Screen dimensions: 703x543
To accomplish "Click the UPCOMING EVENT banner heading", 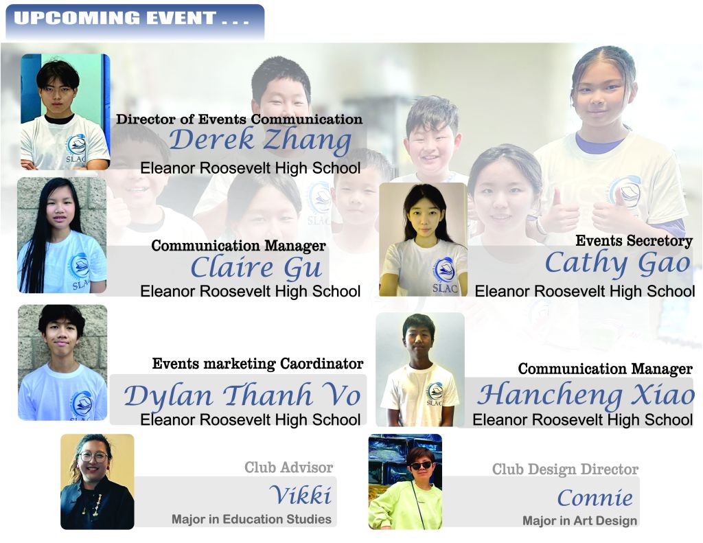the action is (x=131, y=19).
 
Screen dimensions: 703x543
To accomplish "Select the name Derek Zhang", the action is (x=260, y=140).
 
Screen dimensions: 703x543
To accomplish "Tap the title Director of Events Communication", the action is (x=240, y=119).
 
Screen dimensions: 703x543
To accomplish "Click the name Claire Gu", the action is (x=257, y=268).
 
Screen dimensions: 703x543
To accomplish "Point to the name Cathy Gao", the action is (x=618, y=263).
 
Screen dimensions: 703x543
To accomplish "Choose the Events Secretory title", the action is (x=634, y=241).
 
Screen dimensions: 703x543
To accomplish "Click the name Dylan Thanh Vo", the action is (x=242, y=395).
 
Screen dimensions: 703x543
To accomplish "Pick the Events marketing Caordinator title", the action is (x=258, y=364).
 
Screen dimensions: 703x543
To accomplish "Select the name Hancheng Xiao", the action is (x=586, y=395).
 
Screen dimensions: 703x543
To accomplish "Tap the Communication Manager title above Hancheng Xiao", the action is (x=606, y=369).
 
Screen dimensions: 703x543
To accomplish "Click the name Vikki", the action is (x=301, y=495).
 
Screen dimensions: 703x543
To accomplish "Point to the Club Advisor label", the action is (x=289, y=467).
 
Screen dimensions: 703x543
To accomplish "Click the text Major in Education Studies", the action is (x=251, y=519).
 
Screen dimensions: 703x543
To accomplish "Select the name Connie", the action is (x=595, y=498).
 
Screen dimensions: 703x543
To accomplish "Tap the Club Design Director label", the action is (x=566, y=470).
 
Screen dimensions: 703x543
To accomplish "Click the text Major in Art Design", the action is (x=579, y=520).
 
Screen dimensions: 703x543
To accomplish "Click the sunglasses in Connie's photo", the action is (x=422, y=465).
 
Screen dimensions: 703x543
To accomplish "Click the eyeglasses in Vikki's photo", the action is (x=93, y=457).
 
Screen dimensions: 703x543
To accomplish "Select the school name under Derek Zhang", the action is (x=250, y=168).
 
